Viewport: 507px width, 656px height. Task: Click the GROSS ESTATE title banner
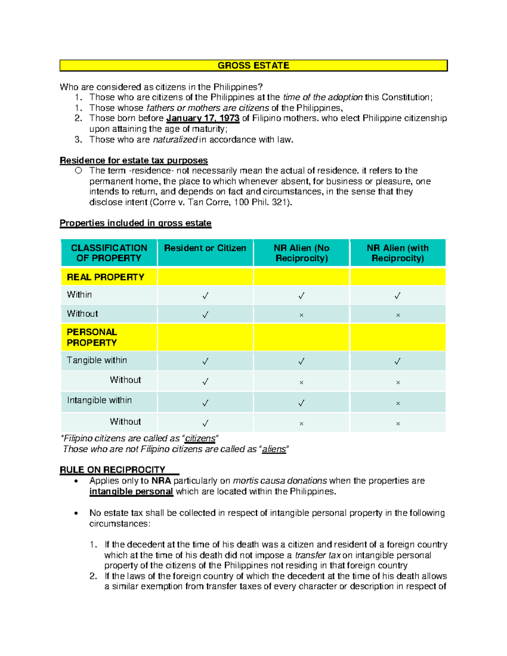(x=253, y=65)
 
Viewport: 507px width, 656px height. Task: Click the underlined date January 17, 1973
(x=203, y=118)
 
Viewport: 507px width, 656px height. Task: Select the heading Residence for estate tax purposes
(x=134, y=161)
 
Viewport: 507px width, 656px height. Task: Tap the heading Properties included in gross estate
(x=135, y=223)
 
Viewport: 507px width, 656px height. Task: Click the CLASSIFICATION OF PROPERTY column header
(x=109, y=253)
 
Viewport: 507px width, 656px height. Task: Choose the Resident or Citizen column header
(x=205, y=248)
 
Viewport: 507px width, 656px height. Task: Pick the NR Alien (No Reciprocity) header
(x=301, y=253)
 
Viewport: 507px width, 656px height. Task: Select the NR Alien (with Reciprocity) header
(x=398, y=253)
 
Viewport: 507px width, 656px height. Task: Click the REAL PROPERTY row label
(x=106, y=277)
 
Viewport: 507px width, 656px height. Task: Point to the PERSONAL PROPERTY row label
(x=92, y=338)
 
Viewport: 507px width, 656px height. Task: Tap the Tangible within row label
(x=97, y=360)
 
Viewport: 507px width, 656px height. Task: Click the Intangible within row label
(x=99, y=400)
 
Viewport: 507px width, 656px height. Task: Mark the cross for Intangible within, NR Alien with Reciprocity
(x=398, y=403)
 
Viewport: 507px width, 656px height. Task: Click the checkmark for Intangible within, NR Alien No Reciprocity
(x=301, y=403)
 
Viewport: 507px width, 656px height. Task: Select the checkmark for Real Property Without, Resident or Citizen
(x=205, y=315)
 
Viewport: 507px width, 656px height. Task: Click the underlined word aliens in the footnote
(x=274, y=449)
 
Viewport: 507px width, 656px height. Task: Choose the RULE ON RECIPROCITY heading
(x=112, y=470)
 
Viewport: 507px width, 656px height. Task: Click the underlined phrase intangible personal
(x=131, y=492)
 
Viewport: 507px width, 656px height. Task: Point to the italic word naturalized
(x=175, y=140)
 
